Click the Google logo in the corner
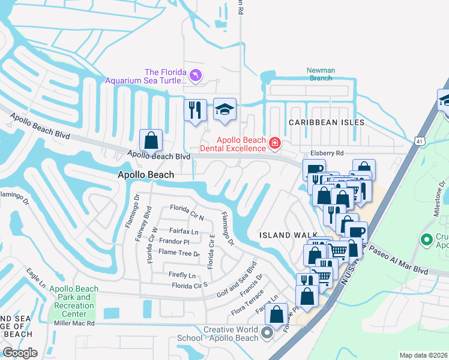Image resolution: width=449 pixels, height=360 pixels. pos(20,353)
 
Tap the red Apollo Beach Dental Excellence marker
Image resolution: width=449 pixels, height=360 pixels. pos(275,142)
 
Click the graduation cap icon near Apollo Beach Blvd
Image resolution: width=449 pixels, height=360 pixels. pos(225,109)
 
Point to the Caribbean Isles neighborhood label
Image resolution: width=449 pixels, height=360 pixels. pos(327,122)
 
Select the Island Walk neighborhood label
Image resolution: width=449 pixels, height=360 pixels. pos(285,235)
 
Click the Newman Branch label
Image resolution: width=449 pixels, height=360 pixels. pos(321,74)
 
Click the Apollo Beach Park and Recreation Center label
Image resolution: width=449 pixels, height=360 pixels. pos(71,301)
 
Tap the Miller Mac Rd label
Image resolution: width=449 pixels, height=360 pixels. pos(74,323)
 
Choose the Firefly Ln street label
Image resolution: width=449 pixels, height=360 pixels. pos(184,275)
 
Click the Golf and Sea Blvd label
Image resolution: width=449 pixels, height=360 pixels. pos(237,279)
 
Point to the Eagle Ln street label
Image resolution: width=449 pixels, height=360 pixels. pos(35,279)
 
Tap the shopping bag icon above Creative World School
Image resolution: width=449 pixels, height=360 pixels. pos(276,314)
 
